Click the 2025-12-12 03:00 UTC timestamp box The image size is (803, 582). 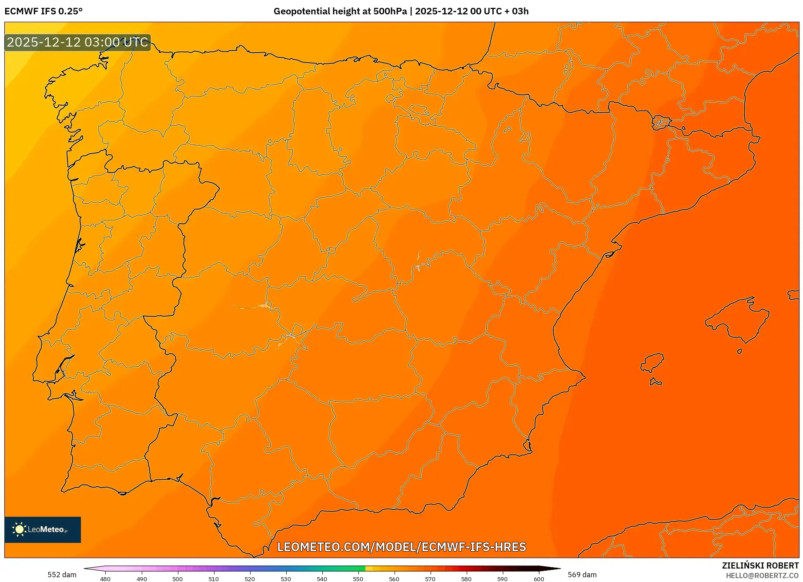[78, 43]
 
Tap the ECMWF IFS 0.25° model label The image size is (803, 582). [43, 11]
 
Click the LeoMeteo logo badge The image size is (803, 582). [43, 529]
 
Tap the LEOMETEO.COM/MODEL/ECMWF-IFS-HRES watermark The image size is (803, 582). [401, 547]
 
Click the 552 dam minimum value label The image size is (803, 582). [62, 575]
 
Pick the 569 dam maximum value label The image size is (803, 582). [582, 575]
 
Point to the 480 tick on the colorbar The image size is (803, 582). [105, 579]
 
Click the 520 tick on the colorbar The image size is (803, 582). [250, 579]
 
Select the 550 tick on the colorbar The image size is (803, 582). [358, 579]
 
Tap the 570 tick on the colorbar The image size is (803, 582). [430, 579]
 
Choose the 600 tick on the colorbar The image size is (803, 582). [539, 579]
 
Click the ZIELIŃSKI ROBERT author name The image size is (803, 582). [760, 565]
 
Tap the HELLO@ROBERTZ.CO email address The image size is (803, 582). [762, 575]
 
